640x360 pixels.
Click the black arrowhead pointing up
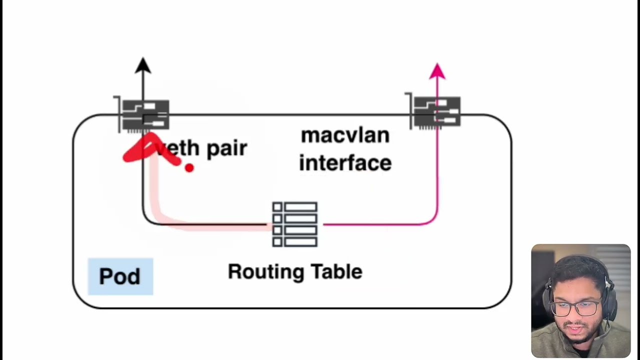tap(143, 65)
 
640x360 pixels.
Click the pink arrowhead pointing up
tap(437, 71)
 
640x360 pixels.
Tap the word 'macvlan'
tap(345, 135)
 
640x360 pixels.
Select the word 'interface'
tap(345, 163)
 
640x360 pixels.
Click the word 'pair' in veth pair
tap(226, 148)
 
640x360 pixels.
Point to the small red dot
tap(189, 168)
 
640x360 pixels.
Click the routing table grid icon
tap(294, 224)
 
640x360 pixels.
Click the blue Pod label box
tap(120, 276)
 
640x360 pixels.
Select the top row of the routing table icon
tap(294, 207)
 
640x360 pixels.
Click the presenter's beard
tap(580, 336)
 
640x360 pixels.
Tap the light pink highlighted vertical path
tap(155, 190)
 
